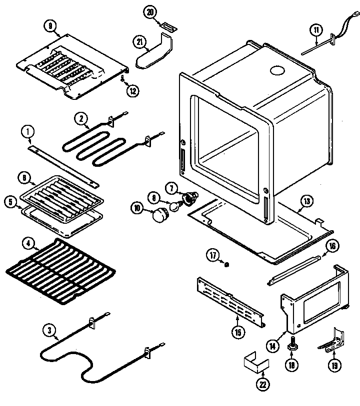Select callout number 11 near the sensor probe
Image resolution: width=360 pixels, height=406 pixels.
pos(315,30)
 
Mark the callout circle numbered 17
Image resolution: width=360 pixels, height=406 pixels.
pos(213,256)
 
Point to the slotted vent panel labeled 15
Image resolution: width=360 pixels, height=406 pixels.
pos(230,301)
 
